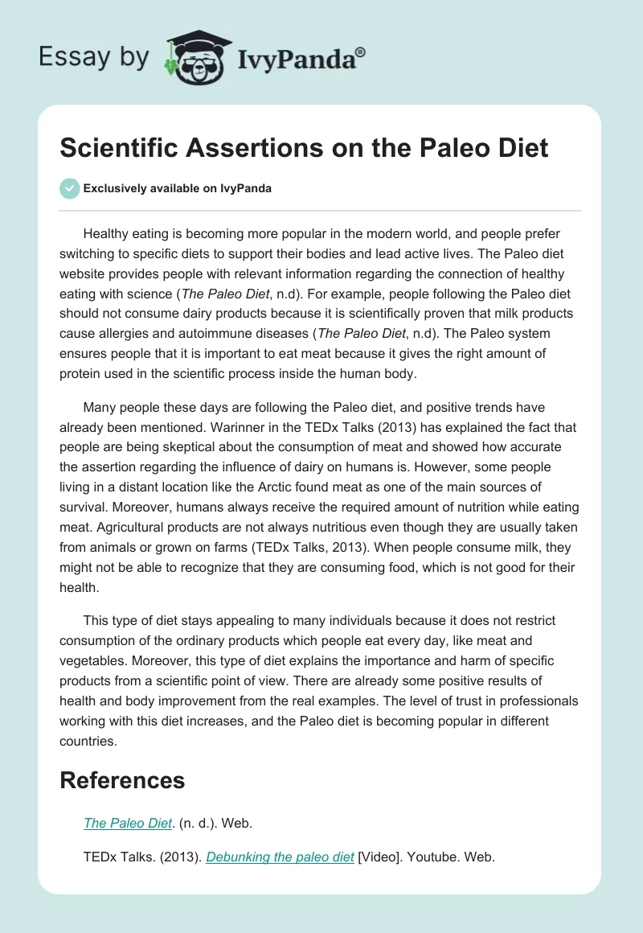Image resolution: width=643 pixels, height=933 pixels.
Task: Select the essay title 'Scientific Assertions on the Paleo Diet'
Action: [305, 148]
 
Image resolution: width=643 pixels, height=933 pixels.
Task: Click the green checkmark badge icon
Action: [69, 188]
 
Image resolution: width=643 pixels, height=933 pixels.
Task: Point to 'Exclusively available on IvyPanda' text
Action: [178, 189]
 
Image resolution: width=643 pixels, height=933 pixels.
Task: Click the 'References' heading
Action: [122, 780]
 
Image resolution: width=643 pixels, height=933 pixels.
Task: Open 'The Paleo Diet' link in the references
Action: [128, 823]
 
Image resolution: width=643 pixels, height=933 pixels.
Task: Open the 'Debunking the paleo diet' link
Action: [280, 857]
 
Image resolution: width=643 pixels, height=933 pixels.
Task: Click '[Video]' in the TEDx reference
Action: [379, 857]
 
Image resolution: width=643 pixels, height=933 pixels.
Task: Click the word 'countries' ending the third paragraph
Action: [87, 742]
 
